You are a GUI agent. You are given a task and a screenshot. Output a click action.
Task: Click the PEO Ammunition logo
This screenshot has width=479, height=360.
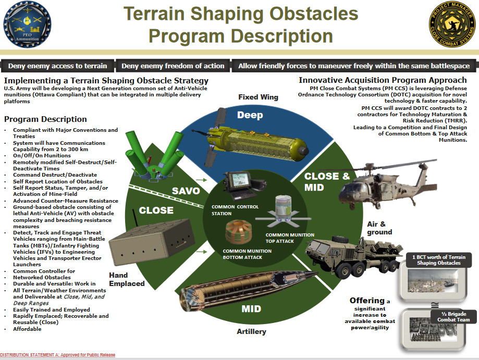pyautogui.click(x=27, y=24)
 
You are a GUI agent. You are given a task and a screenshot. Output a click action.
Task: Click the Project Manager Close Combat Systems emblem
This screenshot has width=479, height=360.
pyautogui.click(x=452, y=24)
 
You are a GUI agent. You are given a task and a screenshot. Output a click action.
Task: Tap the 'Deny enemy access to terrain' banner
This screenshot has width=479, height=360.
pyautogui.click(x=57, y=66)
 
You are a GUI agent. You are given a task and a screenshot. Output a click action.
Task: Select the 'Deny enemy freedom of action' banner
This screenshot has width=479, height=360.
pyautogui.click(x=173, y=66)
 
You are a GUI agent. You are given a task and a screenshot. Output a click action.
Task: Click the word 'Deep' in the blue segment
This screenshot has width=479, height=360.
pyautogui.click(x=250, y=115)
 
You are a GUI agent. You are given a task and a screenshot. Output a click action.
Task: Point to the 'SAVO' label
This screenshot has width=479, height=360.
pyautogui.click(x=186, y=191)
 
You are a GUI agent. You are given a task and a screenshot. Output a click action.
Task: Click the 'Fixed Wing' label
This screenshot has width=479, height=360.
pyautogui.click(x=258, y=97)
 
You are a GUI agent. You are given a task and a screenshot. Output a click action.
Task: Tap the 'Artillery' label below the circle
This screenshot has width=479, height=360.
pyautogui.click(x=251, y=331)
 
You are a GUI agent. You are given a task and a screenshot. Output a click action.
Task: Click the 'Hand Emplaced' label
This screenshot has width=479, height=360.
pyautogui.click(x=127, y=279)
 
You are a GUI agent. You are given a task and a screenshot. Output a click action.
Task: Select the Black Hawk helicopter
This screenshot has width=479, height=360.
pyautogui.click(x=388, y=185)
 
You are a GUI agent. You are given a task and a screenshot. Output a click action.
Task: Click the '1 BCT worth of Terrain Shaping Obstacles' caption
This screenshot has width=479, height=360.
pyautogui.click(x=439, y=260)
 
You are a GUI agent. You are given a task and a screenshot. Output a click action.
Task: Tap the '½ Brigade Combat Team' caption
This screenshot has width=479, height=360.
pyautogui.click(x=453, y=317)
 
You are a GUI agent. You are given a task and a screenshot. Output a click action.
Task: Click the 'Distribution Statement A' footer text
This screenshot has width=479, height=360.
pyautogui.click(x=58, y=355)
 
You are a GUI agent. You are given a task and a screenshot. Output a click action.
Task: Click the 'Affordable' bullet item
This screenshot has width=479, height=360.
pyautogui.click(x=27, y=329)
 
